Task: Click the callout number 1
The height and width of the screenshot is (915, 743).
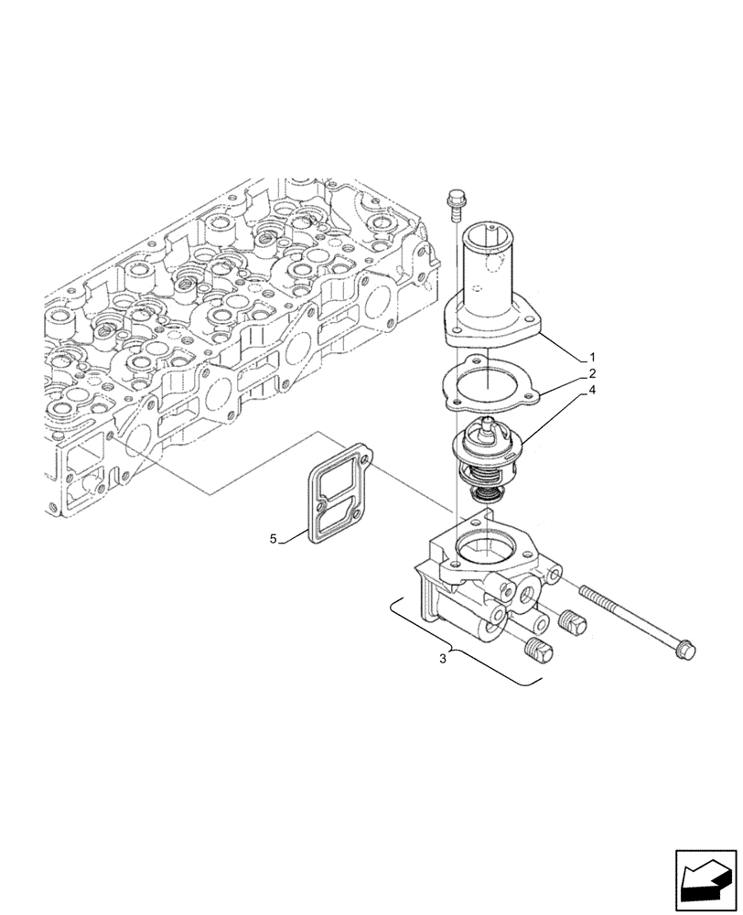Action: click(592, 355)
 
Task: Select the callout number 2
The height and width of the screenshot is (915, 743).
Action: click(592, 372)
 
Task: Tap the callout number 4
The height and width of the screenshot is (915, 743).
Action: click(592, 390)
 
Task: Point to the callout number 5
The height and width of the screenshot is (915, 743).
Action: click(273, 539)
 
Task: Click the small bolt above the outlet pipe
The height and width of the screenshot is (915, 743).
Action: click(452, 199)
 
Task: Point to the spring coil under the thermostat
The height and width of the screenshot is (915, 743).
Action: click(484, 494)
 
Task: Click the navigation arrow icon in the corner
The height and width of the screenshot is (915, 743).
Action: click(705, 876)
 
